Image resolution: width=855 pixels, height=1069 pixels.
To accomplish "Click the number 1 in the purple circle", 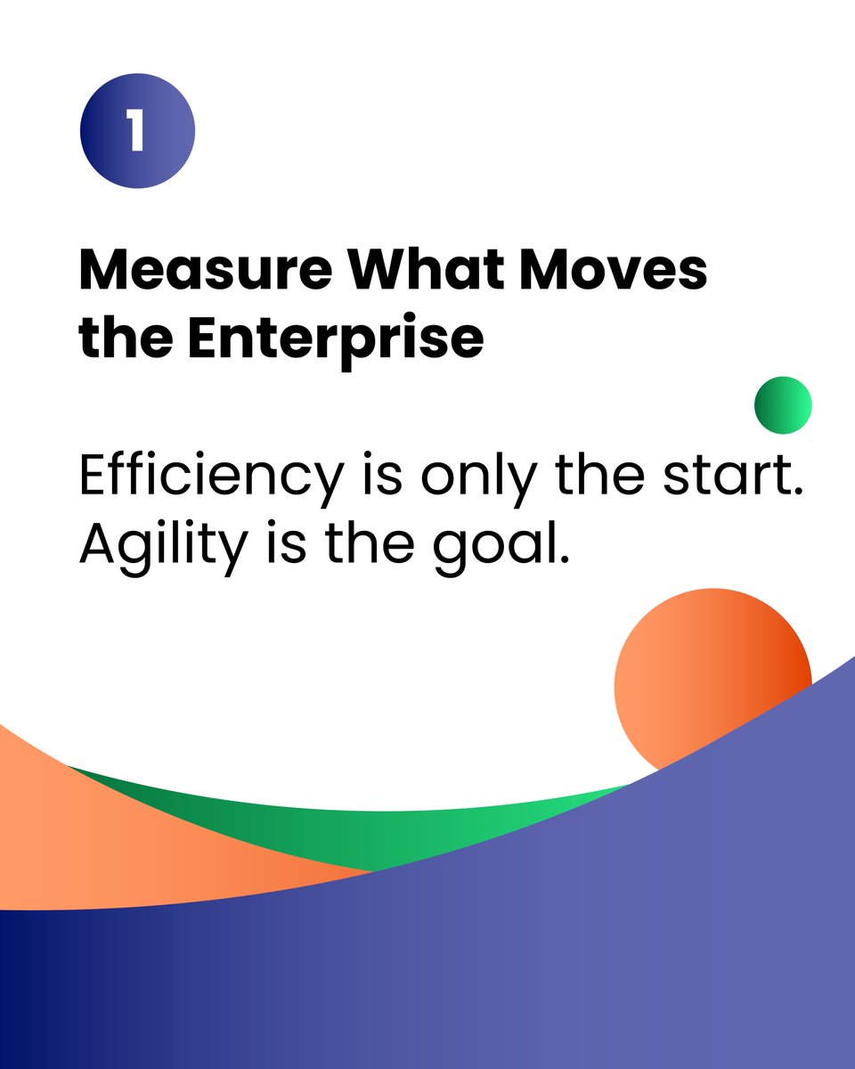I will point(136,131).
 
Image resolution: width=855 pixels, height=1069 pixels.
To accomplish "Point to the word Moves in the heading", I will point(615,268).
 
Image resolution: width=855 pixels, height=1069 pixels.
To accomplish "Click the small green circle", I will point(783,405).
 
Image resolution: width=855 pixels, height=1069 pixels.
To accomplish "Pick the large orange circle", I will point(704,668).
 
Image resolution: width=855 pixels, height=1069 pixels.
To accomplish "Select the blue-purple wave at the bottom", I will point(534,962).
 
